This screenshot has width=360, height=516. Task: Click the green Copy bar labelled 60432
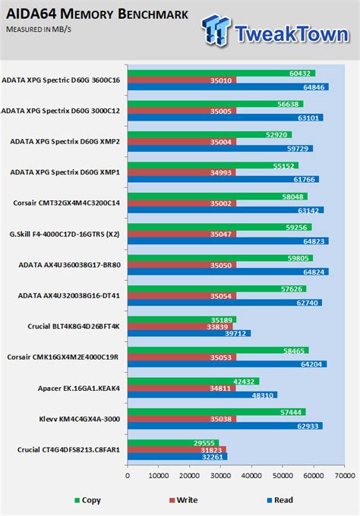coord(221,73)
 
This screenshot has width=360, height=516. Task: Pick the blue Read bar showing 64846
coord(228,87)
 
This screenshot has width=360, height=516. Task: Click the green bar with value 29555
coord(174,443)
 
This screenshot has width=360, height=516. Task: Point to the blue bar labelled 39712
coord(189,333)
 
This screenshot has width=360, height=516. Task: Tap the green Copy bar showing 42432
coord(194,381)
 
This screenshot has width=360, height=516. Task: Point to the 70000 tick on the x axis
coord(343,475)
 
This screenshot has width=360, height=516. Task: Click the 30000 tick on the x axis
coord(220,475)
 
